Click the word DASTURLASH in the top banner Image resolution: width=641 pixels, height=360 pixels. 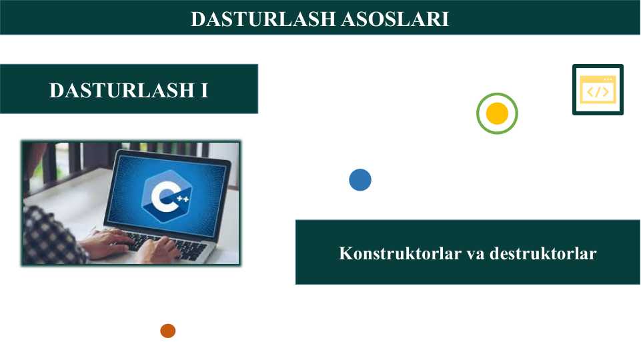pyautogui.click(x=263, y=19)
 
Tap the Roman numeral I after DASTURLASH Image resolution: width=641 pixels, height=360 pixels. pyautogui.click(x=204, y=90)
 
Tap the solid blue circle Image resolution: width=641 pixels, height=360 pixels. pyautogui.click(x=360, y=180)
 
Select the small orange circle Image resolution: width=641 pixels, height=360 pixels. pyautogui.click(x=167, y=331)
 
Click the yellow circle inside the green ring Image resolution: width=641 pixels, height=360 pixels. pyautogui.click(x=497, y=114)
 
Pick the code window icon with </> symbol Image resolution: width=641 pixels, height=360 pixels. pyautogui.click(x=598, y=90)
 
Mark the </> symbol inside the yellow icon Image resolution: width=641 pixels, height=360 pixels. pyautogui.click(x=597, y=92)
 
